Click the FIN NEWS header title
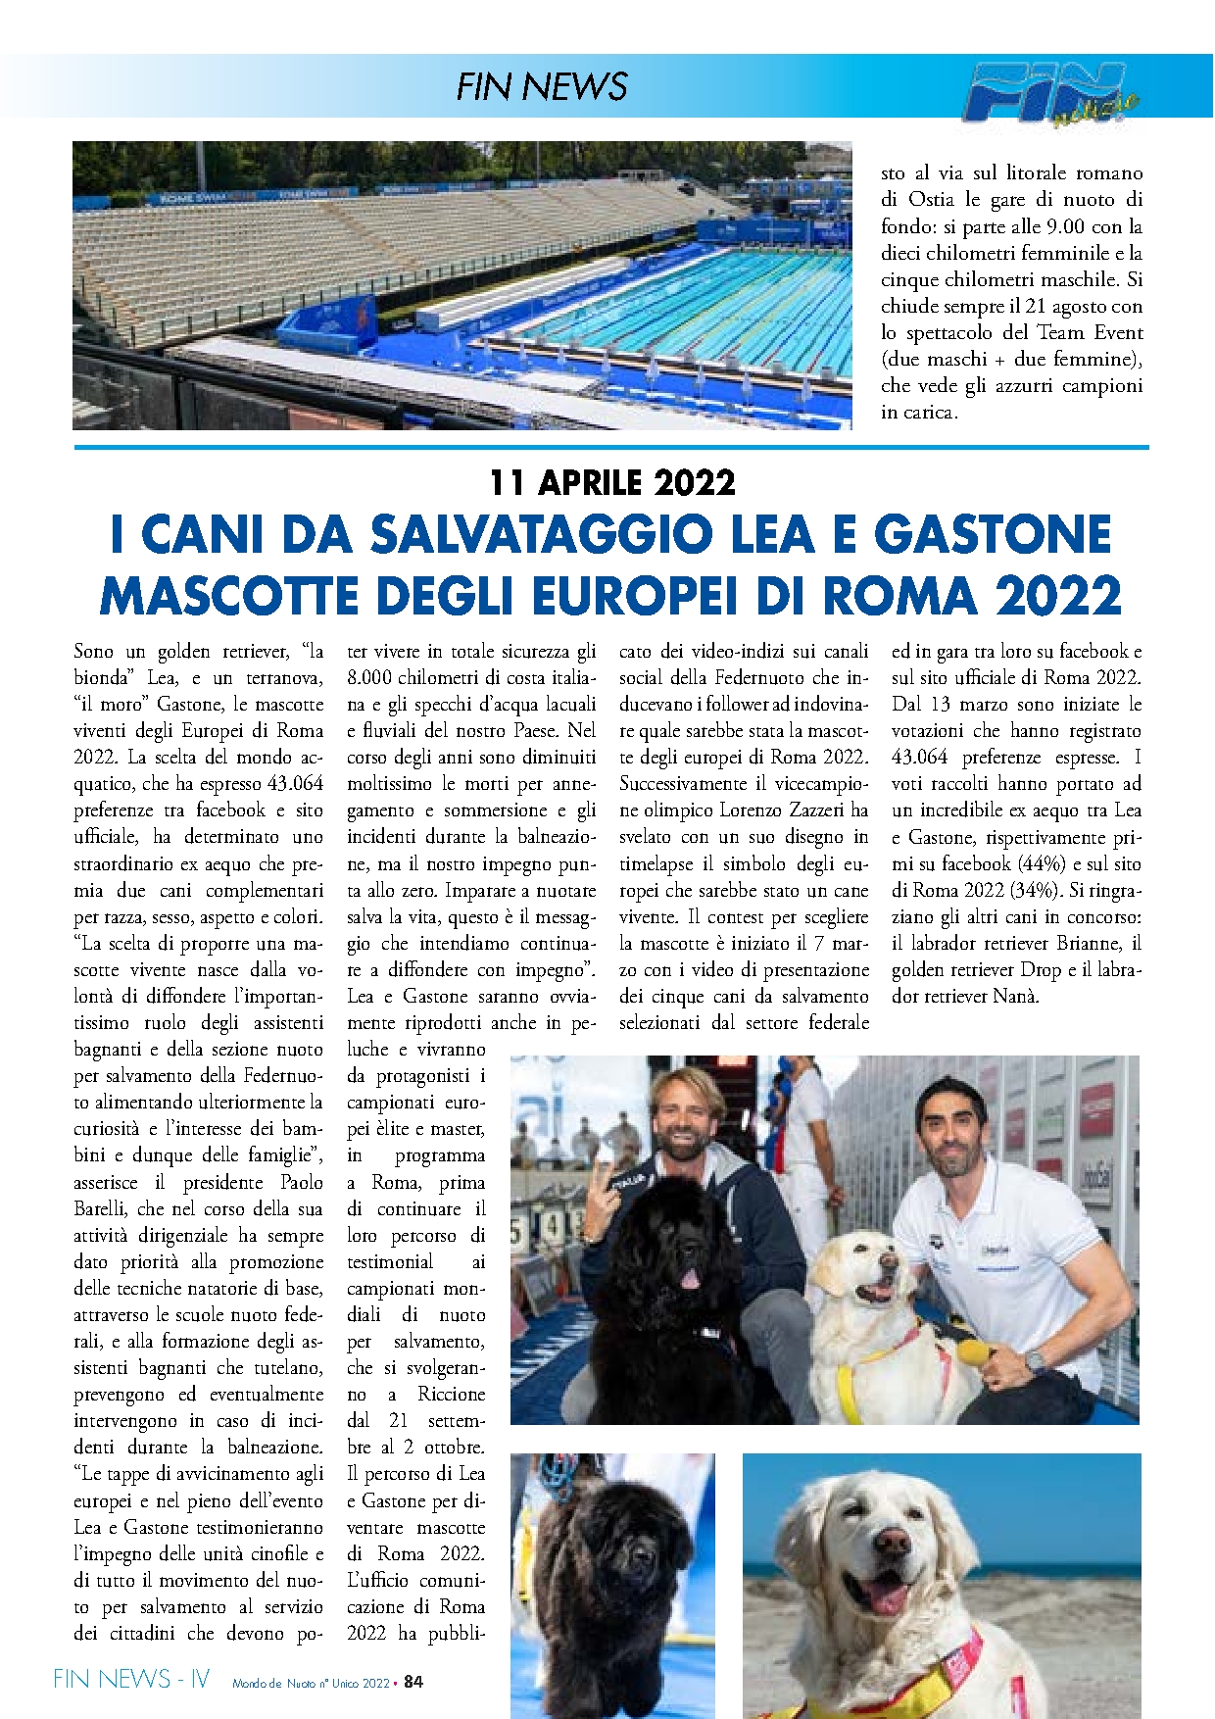coord(541,86)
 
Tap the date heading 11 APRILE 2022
coord(612,482)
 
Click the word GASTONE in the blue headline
coord(993,535)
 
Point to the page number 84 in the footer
coord(413,1682)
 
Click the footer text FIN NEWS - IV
coord(131,1680)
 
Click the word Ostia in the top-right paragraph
coord(931,200)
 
